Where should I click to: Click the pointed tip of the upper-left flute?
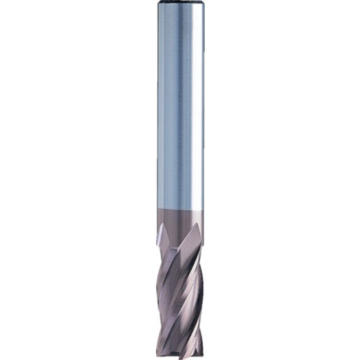(x=161, y=224)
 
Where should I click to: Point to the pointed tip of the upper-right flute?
(x=197, y=225)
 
